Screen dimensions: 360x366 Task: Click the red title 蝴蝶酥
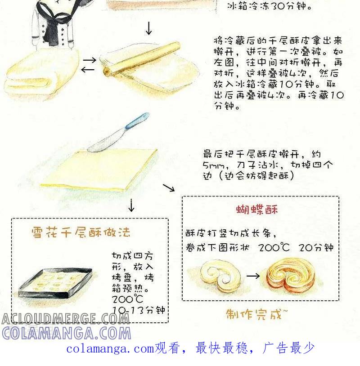coord(257,210)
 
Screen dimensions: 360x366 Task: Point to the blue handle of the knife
coord(137,121)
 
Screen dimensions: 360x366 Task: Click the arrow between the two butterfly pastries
coord(253,276)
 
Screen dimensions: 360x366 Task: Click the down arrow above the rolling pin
coord(149,28)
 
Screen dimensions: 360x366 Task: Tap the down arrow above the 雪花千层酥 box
coord(131,205)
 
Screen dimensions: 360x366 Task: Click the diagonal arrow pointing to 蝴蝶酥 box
coord(169,187)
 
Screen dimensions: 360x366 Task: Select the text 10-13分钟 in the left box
coord(139,310)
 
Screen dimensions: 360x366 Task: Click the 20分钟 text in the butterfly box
coord(316,247)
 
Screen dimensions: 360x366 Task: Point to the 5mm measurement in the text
coord(214,165)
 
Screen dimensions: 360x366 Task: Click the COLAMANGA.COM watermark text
coord(67,333)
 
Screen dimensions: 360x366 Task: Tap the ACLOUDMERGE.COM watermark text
coord(65,319)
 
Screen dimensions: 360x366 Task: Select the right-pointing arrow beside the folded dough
coord(90,60)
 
